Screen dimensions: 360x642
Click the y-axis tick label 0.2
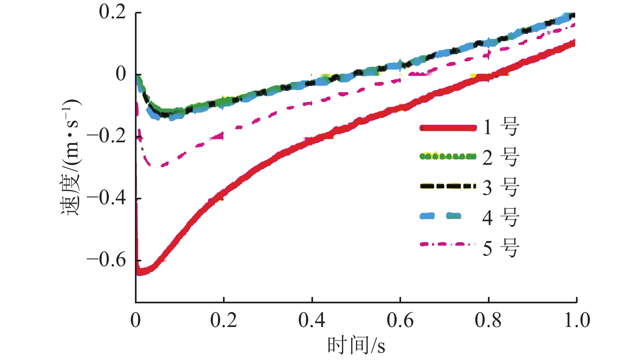coord(113,12)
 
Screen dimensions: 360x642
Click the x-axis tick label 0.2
coord(223,320)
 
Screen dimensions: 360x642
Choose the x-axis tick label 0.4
coord(312,320)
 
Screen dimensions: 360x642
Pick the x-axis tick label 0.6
coord(400,320)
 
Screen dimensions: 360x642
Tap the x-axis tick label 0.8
coord(488,320)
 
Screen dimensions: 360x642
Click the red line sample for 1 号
coord(448,128)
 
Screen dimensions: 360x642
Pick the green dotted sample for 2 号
coord(448,156)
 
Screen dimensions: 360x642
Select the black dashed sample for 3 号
coord(448,186)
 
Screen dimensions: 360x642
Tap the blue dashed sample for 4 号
coord(440,216)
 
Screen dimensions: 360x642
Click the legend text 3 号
coord(501,187)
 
